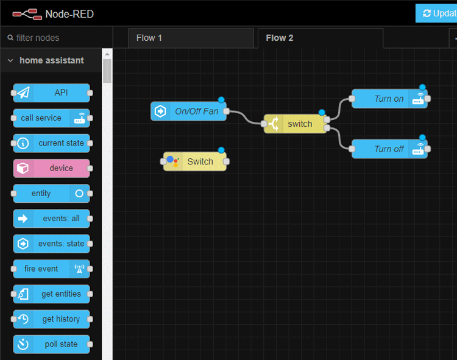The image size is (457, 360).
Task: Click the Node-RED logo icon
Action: coord(25,13)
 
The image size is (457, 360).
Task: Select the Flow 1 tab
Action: coord(149,38)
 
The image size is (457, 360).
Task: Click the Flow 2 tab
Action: coord(280,38)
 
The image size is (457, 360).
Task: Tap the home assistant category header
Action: coord(51,60)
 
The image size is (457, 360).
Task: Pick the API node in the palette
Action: coord(52,93)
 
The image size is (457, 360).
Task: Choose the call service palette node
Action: coord(52,118)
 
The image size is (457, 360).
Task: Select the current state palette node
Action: coord(52,143)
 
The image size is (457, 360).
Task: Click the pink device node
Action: coord(52,168)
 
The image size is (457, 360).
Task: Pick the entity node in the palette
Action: coord(52,194)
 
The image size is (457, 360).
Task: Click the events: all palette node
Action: coord(52,219)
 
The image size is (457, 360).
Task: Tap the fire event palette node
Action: coord(52,269)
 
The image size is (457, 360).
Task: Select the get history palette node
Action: coord(52,319)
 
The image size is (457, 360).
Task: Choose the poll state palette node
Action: coord(52,344)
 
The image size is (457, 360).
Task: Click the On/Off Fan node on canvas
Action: coord(189,111)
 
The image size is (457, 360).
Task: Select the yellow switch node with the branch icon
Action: coord(296,124)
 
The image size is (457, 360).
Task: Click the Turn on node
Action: coord(389,99)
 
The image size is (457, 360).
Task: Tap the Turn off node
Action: coord(389,149)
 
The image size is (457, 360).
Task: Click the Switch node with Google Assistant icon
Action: coord(195,161)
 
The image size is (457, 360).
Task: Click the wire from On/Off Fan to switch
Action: coord(245,118)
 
